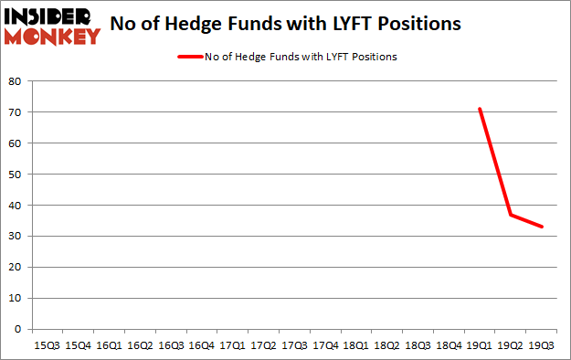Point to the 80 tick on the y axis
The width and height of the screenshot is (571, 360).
tap(16, 81)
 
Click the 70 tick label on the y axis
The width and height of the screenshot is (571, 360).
tap(16, 112)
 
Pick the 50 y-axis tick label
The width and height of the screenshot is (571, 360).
tap(16, 175)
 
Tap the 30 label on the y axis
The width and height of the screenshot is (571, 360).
tap(16, 237)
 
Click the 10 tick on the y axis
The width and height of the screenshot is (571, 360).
tap(16, 298)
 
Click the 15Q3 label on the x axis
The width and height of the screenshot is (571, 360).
tap(46, 347)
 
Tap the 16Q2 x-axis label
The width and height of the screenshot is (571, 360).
tap(139, 347)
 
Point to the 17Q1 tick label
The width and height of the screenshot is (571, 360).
tap(232, 347)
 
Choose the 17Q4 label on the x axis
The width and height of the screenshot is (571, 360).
tap(325, 347)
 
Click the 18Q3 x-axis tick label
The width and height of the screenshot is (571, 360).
tap(418, 347)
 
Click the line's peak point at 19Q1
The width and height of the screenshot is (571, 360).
tap(480, 109)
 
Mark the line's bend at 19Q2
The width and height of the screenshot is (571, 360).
tap(511, 215)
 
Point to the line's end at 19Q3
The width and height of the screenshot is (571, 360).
tap(542, 227)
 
